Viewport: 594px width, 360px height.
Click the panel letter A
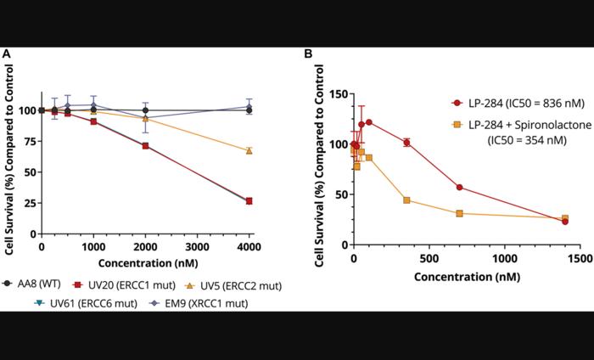click(7, 54)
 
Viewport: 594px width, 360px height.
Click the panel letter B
click(308, 54)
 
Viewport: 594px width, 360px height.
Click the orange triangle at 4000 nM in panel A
click(249, 151)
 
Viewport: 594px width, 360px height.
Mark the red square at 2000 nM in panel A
click(145, 146)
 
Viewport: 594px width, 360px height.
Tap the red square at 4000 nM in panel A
click(249, 201)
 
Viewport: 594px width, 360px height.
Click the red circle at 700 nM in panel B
click(459, 188)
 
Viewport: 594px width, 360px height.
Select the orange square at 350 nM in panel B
click(406, 200)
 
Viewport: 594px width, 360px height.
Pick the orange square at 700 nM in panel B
click(459, 213)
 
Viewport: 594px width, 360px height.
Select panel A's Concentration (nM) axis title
click(145, 262)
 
